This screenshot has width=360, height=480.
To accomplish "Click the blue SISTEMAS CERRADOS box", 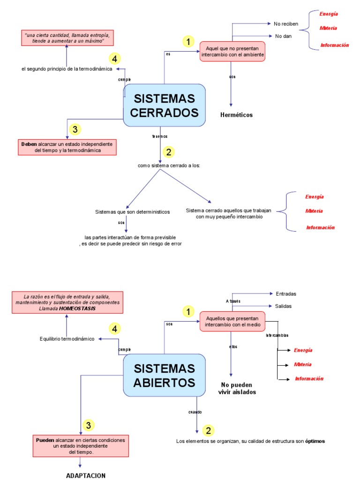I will coord(164,105).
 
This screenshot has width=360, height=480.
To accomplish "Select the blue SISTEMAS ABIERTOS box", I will coord(164,375).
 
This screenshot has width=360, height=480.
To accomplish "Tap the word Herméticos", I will coord(236,115).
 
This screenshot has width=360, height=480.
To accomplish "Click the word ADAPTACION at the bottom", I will coord(86,475).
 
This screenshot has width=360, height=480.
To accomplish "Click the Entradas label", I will coord(286,294).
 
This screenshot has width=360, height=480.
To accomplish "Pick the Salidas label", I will coord(284,306).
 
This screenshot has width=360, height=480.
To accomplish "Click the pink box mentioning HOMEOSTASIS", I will coord(67,302).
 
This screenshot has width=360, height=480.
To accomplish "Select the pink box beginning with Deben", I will coord(67,147).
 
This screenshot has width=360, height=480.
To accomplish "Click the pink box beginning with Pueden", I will coord(81,446).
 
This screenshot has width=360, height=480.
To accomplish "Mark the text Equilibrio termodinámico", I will coord(67,338).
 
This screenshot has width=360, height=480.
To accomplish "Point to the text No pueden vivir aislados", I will coord(237,389).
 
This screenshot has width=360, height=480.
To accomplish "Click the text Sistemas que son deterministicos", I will coord(133,212).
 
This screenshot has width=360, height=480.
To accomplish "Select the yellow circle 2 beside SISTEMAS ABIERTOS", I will coord(208,431).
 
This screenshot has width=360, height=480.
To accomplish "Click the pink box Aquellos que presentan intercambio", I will coord(232,322).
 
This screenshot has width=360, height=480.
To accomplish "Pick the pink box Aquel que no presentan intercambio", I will coord(232,52).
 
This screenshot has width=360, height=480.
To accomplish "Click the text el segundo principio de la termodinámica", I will coord(67,69).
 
